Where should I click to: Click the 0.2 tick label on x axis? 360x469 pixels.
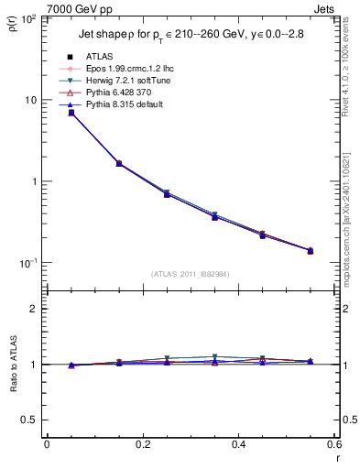tap(143, 444)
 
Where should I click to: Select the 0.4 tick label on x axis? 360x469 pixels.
tap(239, 444)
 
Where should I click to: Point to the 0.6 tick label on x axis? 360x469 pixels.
tap(335, 444)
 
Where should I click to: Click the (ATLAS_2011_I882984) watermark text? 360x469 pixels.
tap(191, 275)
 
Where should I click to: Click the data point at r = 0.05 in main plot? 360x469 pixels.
tap(71, 113)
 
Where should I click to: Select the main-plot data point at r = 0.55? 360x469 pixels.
tap(311, 250)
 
